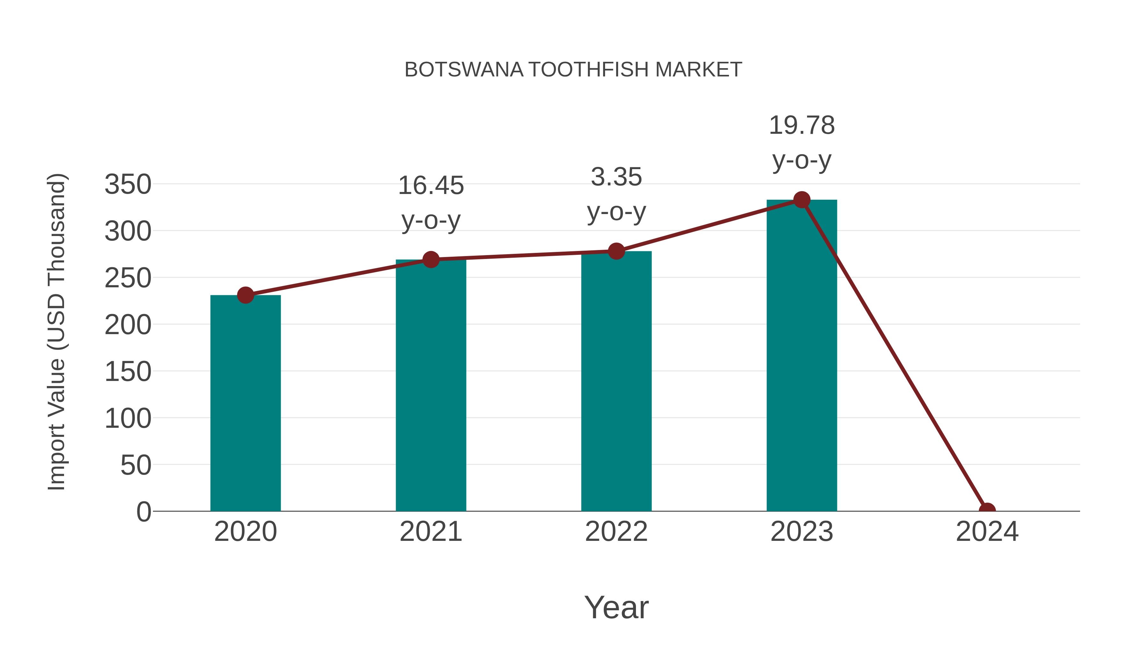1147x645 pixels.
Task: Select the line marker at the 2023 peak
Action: pyautogui.click(x=802, y=200)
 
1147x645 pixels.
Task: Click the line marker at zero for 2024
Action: pyautogui.click(x=987, y=510)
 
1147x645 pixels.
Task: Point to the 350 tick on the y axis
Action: pyautogui.click(x=128, y=184)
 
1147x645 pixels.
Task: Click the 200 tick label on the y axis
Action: pyautogui.click(x=128, y=325)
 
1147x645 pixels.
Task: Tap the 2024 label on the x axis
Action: pyautogui.click(x=987, y=532)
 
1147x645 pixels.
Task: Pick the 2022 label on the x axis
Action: pyautogui.click(x=616, y=532)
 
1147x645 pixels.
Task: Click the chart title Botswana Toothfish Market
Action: pyautogui.click(x=573, y=70)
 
